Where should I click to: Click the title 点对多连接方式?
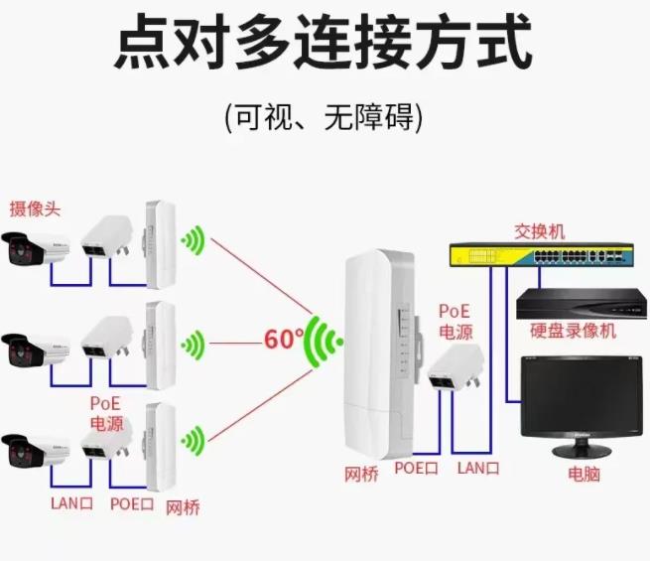(x=324, y=43)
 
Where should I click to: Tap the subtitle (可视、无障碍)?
(x=324, y=118)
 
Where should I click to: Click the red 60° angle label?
(x=283, y=339)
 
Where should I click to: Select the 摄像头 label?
(x=35, y=209)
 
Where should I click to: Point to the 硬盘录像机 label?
(x=573, y=331)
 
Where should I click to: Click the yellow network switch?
(x=540, y=257)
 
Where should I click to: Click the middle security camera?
(x=37, y=349)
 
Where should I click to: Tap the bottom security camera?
(x=37, y=449)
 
